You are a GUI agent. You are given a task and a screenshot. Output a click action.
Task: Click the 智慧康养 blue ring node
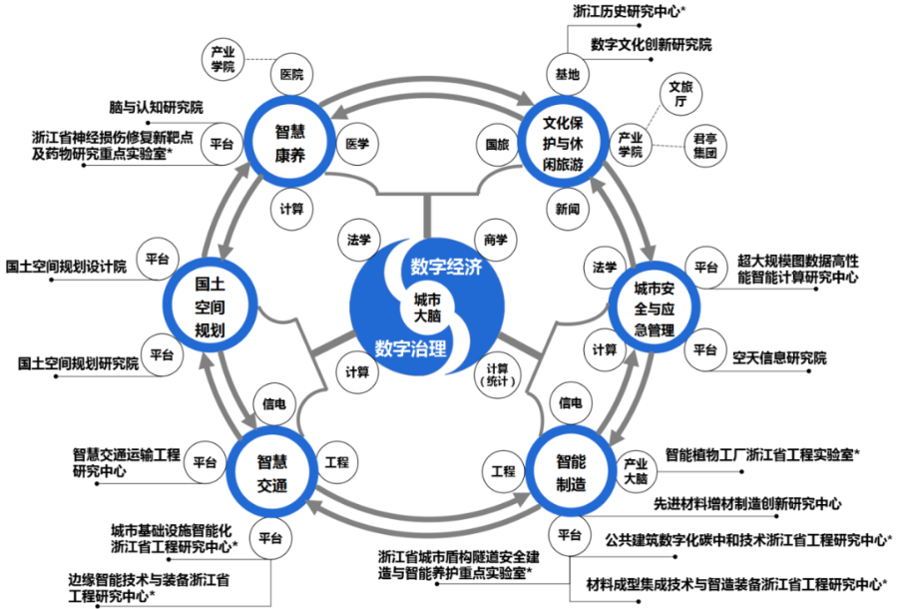pos(290,100)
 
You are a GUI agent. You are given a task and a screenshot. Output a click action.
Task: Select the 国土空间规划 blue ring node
pos(210,265)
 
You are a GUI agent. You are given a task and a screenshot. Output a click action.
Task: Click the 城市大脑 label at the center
pos(427,307)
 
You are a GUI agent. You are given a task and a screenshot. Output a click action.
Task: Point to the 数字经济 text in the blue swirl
pos(446,267)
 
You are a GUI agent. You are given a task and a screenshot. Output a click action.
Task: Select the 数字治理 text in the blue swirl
pos(411,348)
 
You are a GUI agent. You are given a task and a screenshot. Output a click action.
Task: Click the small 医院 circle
pos(291,75)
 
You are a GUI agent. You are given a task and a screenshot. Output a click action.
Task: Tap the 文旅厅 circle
pos(680,94)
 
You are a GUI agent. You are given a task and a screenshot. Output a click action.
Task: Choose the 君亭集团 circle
pos(705,146)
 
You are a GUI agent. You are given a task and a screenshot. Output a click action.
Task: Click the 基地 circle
pos(568,75)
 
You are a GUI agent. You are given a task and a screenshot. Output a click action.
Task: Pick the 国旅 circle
pos(497,145)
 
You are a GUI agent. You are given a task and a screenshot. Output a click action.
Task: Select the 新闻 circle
pos(568,209)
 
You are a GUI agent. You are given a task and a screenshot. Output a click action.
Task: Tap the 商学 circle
pos(495,240)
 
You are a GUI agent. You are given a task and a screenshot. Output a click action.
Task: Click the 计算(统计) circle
pos(497,374)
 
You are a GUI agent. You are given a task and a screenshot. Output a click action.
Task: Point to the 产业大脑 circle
pos(636,471)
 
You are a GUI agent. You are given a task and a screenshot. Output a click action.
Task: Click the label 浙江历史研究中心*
pos(630,11)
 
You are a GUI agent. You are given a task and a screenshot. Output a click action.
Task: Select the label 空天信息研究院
pos(779,358)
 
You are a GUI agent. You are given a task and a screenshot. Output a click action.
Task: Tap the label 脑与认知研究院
pos(156,107)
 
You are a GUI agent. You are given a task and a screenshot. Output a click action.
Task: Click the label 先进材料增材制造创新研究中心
pos(747,504)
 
